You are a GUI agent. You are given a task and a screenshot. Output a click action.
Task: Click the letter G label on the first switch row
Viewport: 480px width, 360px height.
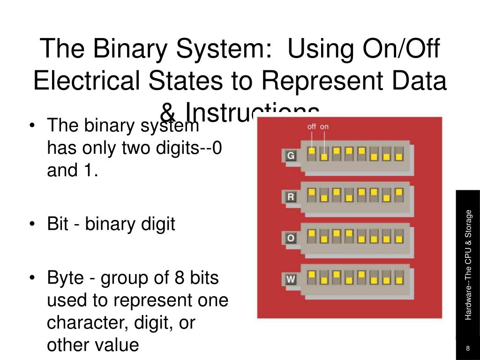291,155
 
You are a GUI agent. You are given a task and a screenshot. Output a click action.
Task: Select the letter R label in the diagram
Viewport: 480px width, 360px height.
291,197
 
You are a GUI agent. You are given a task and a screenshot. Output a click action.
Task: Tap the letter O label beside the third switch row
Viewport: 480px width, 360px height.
291,238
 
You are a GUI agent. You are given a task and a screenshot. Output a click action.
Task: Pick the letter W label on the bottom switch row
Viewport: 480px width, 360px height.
291,280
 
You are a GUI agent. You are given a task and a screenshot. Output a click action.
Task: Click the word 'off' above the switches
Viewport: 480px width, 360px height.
312,126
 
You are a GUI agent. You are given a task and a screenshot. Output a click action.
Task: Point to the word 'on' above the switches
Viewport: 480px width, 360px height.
324,126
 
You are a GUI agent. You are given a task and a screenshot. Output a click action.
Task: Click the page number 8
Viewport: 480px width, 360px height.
468,348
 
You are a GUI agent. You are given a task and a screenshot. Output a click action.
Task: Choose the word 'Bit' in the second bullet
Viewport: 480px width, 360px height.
59,224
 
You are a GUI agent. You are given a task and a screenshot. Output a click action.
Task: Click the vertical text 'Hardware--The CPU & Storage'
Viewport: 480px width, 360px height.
468,265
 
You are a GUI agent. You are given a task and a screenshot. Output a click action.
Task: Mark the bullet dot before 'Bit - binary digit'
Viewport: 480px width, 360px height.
32,225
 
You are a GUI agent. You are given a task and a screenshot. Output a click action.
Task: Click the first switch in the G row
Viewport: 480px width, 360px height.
312,154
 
